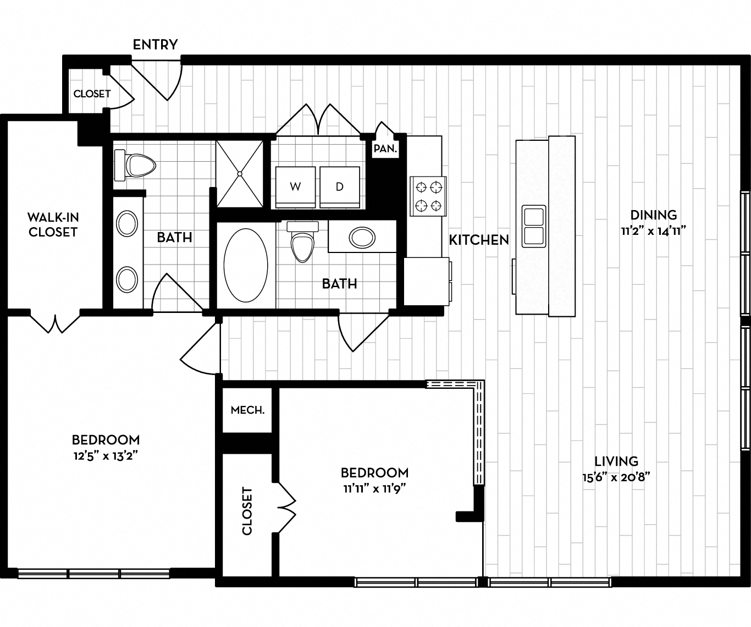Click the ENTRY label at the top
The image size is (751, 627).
pos(155,45)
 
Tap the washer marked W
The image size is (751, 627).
pos(295,187)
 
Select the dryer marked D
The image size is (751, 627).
pos(340,187)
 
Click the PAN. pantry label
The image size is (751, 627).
pos(385,148)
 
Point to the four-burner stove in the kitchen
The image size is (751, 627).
pos(428,196)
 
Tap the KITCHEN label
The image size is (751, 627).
pos(479,240)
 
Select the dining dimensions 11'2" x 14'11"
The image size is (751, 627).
pos(654,232)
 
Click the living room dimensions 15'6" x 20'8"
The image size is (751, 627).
pos(616,477)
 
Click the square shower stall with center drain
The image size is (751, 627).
pos(240,174)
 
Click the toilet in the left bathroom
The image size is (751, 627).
pos(135,164)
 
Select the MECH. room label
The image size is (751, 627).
pos(247,410)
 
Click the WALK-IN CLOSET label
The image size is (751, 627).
pos(53,224)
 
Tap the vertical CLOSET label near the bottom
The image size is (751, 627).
pos(247,511)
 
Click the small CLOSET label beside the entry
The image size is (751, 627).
pos(92,94)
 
